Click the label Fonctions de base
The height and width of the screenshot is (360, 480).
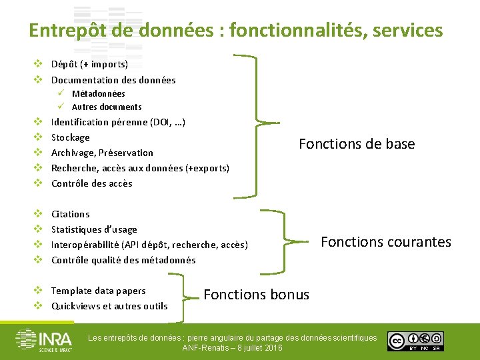(x=357, y=144)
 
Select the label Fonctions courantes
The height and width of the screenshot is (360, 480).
(x=386, y=242)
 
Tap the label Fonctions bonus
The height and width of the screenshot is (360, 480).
(x=256, y=295)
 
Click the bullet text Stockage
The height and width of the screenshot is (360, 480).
(x=70, y=137)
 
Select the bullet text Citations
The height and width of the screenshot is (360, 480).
(x=70, y=214)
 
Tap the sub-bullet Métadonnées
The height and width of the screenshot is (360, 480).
(x=98, y=94)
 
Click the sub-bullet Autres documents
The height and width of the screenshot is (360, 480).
(x=107, y=107)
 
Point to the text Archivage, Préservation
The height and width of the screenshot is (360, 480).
(x=102, y=153)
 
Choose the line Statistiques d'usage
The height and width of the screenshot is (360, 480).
(x=94, y=229)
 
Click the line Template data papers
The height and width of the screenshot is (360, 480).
(x=98, y=291)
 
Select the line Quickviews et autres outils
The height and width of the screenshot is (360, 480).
(x=109, y=306)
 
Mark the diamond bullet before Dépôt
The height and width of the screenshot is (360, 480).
(x=39, y=65)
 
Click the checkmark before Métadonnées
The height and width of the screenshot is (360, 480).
(x=60, y=93)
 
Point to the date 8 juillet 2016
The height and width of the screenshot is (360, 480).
(x=254, y=348)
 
